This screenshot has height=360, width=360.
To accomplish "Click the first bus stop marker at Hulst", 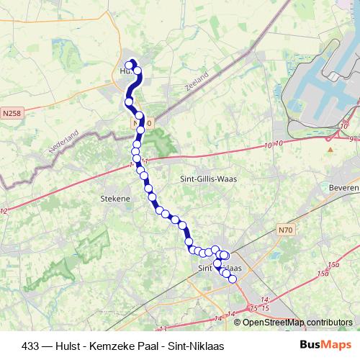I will click(x=130, y=66).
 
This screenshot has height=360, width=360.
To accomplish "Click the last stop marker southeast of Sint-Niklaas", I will click(x=232, y=279).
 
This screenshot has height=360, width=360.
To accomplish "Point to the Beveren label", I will click(x=344, y=187).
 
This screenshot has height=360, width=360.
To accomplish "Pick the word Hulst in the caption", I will click(x=57, y=346).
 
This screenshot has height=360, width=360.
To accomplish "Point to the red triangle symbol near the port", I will click(x=330, y=150).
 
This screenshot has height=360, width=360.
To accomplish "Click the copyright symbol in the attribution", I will click(x=238, y=322).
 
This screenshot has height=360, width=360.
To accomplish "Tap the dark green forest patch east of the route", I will click(x=164, y=143).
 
